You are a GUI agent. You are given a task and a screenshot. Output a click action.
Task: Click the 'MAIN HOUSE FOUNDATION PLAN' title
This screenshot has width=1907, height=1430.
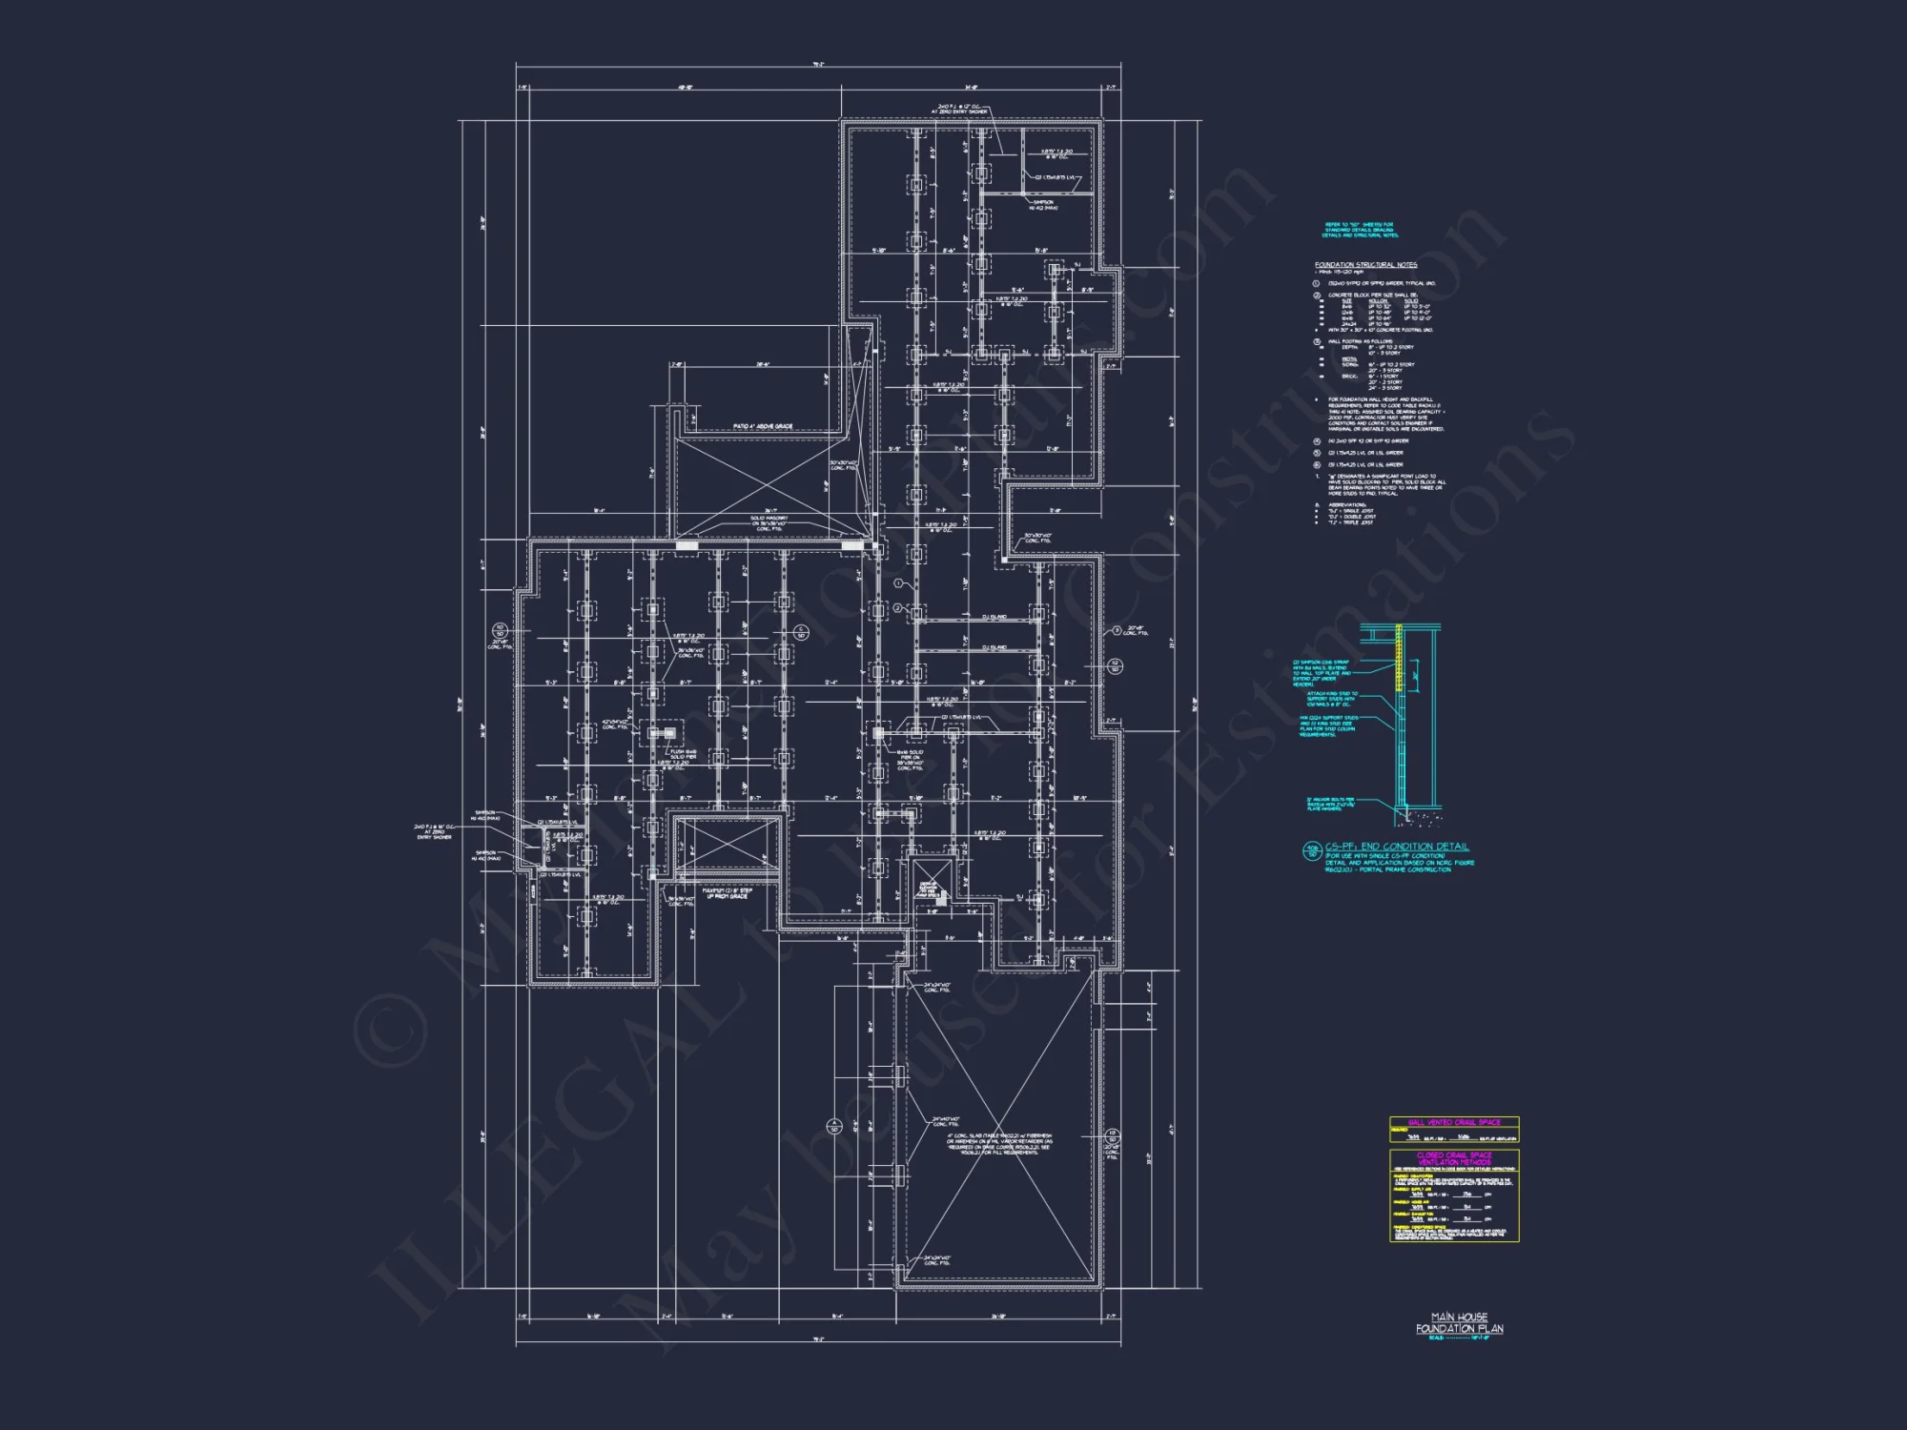coord(1459,1322)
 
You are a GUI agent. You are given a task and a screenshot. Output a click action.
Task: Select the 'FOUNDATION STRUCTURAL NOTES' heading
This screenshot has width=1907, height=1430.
coord(1365,265)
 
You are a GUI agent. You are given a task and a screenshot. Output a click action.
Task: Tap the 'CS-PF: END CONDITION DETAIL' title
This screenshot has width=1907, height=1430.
coord(1397,847)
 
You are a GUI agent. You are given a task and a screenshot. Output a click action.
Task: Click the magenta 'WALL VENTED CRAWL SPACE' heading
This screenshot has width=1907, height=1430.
coord(1454,1122)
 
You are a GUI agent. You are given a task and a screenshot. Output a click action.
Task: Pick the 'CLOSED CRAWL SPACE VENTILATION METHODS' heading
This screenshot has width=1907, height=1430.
coord(1454,1158)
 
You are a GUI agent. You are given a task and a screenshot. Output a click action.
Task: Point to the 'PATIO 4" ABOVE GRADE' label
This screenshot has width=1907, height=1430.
coord(763,426)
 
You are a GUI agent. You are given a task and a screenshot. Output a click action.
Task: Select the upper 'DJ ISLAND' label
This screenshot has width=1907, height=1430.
coord(994,618)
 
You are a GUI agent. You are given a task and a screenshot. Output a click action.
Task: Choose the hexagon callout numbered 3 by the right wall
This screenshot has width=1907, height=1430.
coord(1117,630)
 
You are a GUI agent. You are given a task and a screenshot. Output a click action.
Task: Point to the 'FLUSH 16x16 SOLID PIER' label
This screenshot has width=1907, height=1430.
coord(683,754)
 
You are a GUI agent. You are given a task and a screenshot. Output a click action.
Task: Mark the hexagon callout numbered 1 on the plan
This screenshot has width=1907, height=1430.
coord(897,582)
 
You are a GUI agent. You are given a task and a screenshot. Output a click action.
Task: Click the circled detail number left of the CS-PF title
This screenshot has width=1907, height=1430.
coord(1312,850)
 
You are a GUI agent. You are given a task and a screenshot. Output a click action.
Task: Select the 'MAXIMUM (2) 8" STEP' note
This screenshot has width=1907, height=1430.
coord(728,893)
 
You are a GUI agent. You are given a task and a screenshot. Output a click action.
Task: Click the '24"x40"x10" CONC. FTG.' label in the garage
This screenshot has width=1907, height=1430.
coord(946,1121)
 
